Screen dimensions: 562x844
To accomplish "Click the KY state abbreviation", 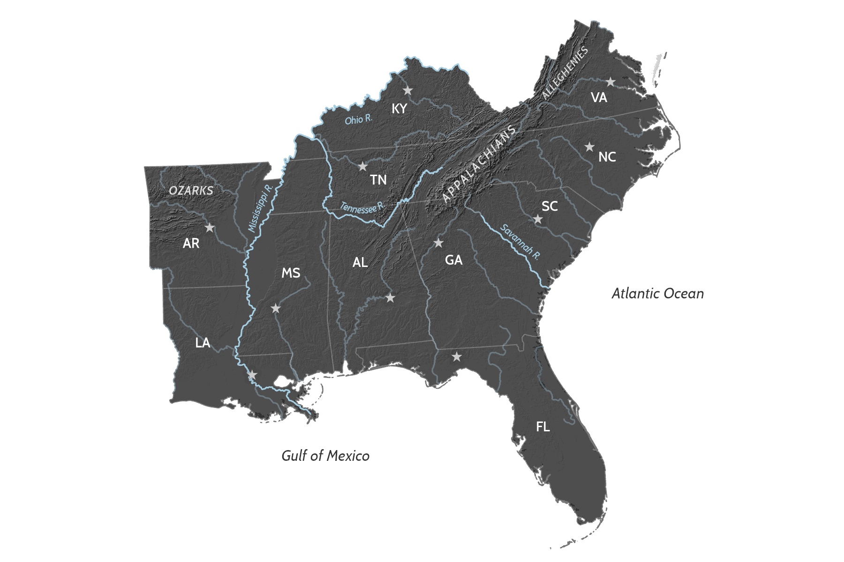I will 399,109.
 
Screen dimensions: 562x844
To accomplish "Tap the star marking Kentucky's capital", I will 407,90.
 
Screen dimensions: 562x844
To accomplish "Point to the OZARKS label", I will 191,191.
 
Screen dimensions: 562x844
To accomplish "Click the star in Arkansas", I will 210,228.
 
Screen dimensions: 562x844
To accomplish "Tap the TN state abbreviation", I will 378,180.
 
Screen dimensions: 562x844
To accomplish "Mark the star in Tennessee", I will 362,166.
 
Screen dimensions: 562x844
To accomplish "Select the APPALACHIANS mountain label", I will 480,164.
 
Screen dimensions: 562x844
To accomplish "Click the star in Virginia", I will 610,82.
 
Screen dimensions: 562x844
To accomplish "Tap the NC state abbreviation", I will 607,157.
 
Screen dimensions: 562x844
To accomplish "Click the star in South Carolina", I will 538,219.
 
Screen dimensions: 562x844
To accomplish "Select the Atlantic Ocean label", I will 657,294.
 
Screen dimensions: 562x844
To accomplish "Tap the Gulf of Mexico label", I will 325,456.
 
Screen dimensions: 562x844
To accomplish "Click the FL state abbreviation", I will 543,427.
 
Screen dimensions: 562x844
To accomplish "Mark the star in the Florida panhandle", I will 456,357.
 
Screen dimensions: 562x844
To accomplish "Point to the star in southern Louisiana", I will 252,375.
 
